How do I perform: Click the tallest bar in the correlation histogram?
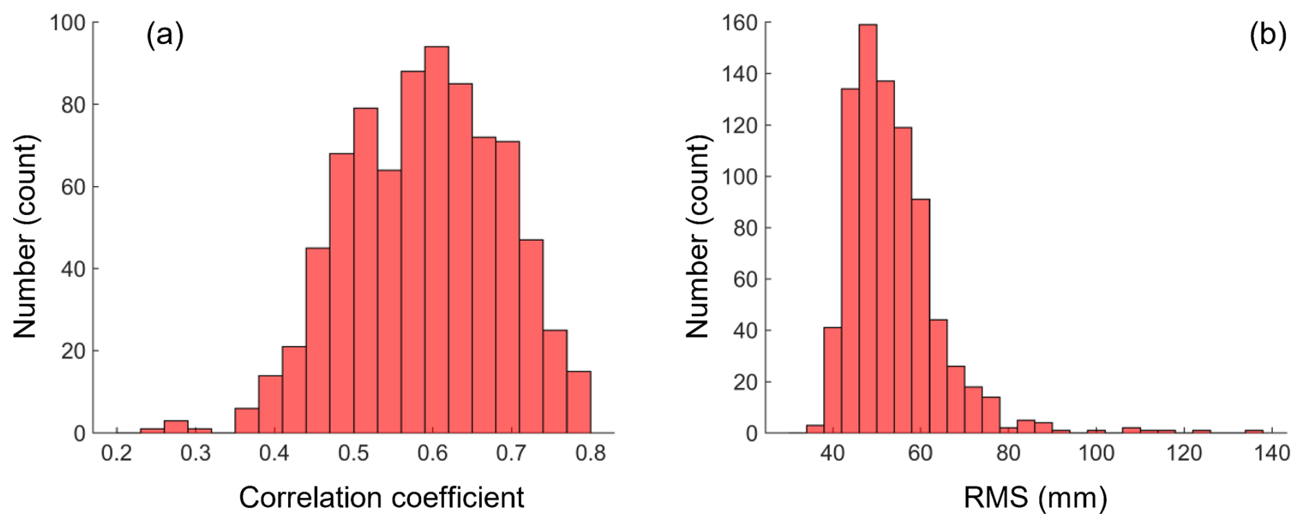click(x=436, y=241)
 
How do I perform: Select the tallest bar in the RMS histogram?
click(x=868, y=227)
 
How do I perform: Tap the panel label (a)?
click(x=165, y=35)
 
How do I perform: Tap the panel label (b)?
click(x=1267, y=35)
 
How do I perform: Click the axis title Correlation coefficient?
click(x=381, y=497)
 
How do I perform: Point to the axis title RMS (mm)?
click(x=1035, y=497)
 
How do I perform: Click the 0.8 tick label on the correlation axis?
click(x=591, y=453)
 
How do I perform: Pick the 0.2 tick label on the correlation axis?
click(x=116, y=453)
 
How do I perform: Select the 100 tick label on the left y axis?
click(x=68, y=23)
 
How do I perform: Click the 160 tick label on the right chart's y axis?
click(x=740, y=23)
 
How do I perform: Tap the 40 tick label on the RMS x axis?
click(x=833, y=453)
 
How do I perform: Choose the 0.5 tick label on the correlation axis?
click(x=354, y=453)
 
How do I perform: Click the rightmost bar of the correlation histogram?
click(x=579, y=403)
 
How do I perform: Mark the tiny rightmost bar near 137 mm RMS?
click(x=1254, y=431)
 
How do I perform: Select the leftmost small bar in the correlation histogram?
click(x=152, y=431)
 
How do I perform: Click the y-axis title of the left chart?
click(x=25, y=236)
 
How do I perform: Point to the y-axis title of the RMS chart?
click(x=697, y=236)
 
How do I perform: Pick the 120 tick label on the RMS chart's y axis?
click(x=740, y=125)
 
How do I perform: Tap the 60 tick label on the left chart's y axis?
click(x=74, y=187)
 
